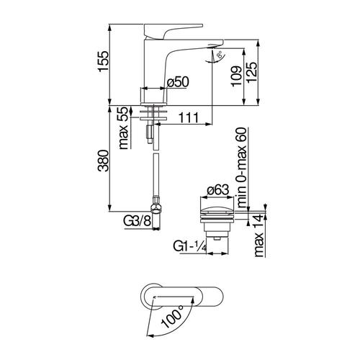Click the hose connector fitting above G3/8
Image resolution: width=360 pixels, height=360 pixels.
click(156, 210)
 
